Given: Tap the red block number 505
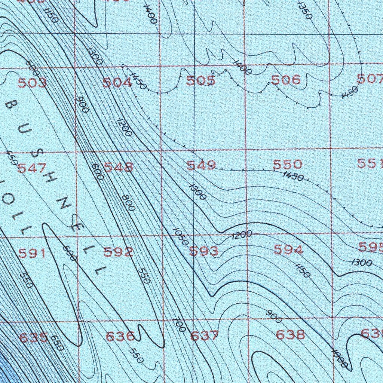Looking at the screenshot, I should pos(201,80).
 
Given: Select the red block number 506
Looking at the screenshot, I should pos(286,80).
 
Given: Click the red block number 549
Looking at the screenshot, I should pos(201,165).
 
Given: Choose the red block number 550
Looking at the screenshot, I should pos(288,164).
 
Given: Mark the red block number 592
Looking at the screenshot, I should pos(118,252).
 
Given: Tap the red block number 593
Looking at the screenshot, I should pos(204,251).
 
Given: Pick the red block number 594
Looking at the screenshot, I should pos(288,249).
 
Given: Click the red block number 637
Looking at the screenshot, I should pos(204,336).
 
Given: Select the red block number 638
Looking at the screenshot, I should pos(290,334).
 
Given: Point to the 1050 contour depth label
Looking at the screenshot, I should pos(181,237).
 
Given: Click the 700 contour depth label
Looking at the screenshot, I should pos(179,325).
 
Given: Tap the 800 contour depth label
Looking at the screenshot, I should pos(128,203).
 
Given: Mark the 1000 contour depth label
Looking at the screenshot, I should pos(340,358).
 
